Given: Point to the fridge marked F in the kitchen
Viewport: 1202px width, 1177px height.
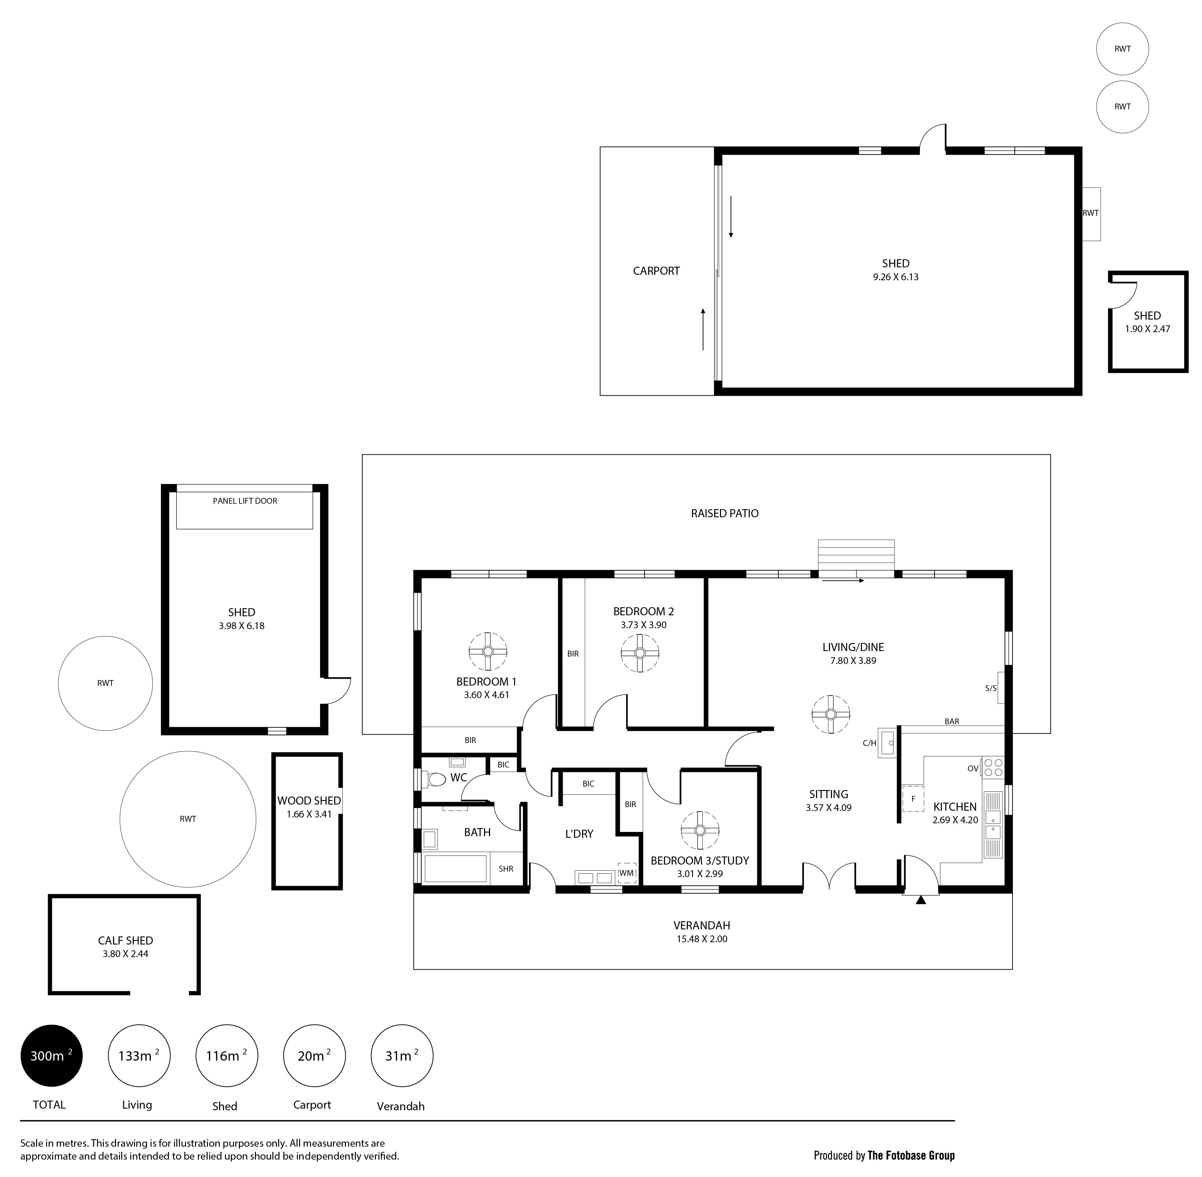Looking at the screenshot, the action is click(914, 799).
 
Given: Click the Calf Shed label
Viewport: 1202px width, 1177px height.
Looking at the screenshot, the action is click(125, 940).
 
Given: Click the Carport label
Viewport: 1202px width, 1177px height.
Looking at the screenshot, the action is click(656, 271).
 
